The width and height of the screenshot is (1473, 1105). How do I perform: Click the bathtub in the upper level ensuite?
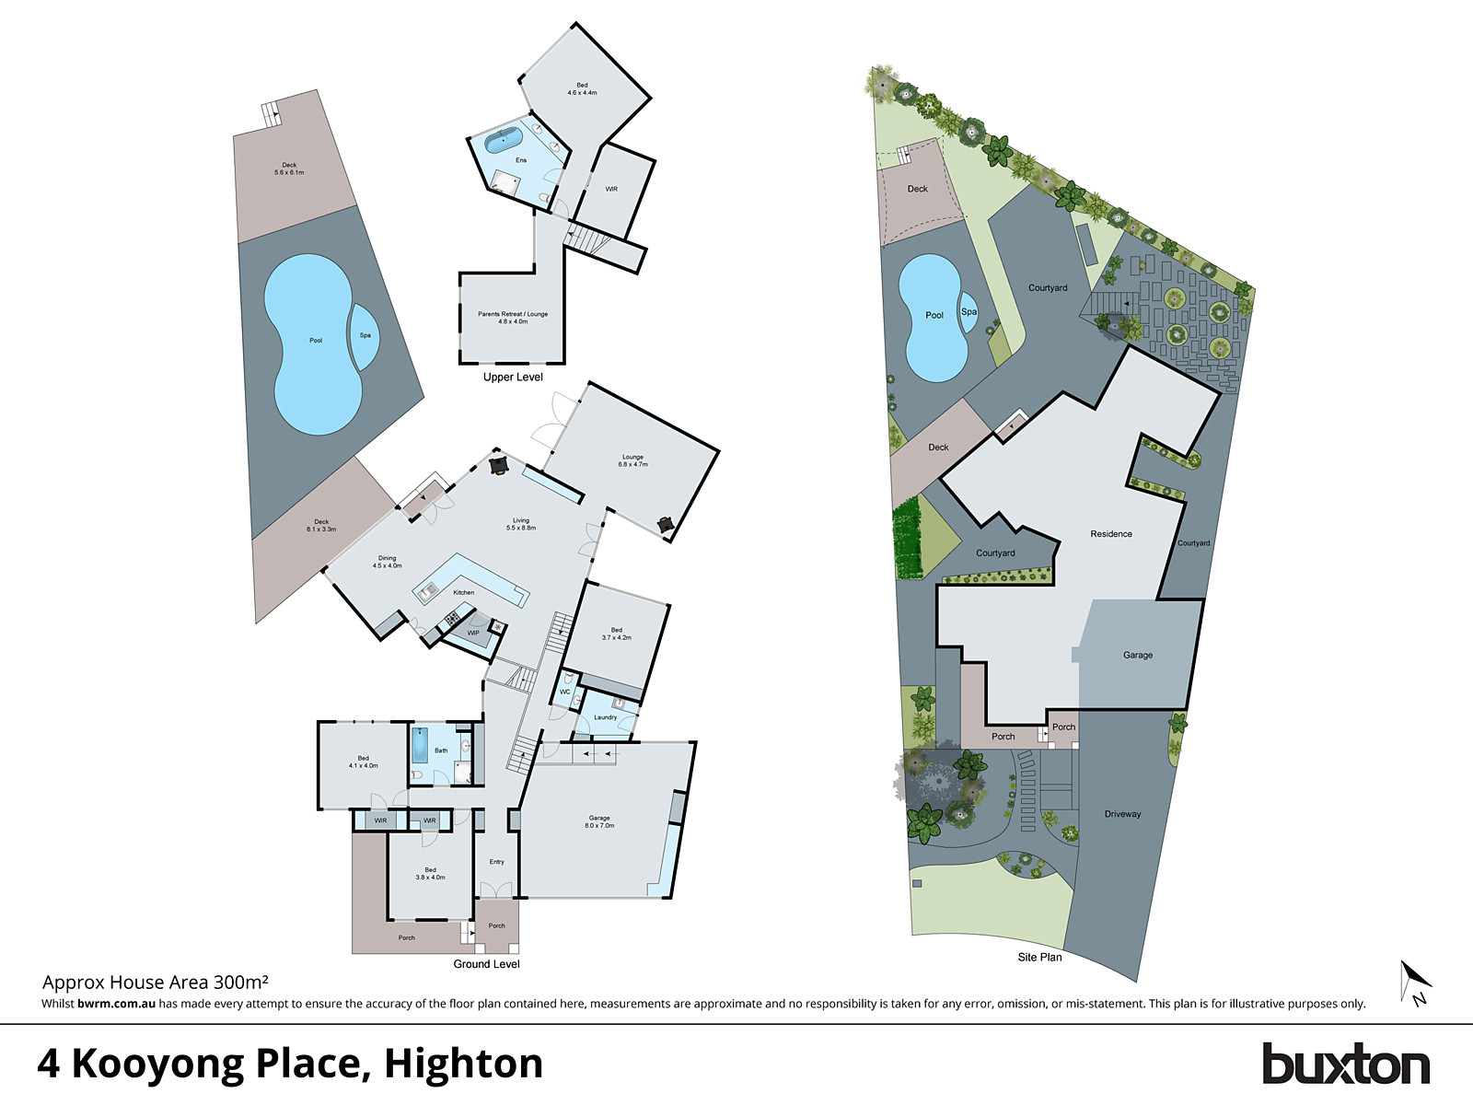pyautogui.click(x=504, y=141)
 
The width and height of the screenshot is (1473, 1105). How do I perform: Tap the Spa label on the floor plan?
pyautogui.click(x=365, y=335)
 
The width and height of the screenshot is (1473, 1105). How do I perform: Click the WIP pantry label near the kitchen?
pyautogui.click(x=473, y=634)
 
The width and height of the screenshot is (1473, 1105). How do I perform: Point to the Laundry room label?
pyautogui.click(x=605, y=717)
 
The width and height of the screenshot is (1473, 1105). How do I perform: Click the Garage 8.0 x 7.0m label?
pyautogui.click(x=599, y=821)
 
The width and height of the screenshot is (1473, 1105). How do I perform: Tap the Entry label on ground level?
pyautogui.click(x=497, y=862)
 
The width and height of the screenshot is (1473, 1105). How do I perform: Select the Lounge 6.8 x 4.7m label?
pyautogui.click(x=632, y=460)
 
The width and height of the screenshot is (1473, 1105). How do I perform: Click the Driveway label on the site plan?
pyautogui.click(x=1122, y=814)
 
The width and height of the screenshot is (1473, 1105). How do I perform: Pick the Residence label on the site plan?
pyautogui.click(x=1111, y=534)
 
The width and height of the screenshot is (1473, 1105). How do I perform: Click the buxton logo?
pyautogui.click(x=1345, y=1064)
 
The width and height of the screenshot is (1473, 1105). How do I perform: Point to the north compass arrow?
pyautogui.click(x=1414, y=983)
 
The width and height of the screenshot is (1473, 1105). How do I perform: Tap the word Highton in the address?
pyautogui.click(x=463, y=1064)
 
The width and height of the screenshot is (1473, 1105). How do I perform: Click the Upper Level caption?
pyautogui.click(x=513, y=378)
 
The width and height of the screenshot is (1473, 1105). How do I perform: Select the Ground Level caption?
pyautogui.click(x=486, y=964)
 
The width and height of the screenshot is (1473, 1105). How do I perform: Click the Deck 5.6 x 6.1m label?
pyautogui.click(x=289, y=169)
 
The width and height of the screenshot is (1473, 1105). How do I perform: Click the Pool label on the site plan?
pyautogui.click(x=934, y=315)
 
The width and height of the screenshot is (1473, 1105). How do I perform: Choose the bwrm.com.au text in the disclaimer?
pyautogui.click(x=116, y=1004)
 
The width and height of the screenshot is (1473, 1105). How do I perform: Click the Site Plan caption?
pyautogui.click(x=1039, y=958)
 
